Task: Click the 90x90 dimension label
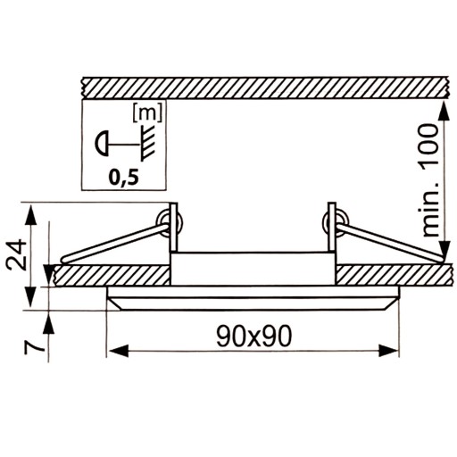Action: pyautogui.click(x=254, y=336)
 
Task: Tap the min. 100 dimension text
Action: pyautogui.click(x=431, y=180)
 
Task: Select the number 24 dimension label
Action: pyautogui.click(x=17, y=253)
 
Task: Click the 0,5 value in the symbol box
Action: pyautogui.click(x=124, y=178)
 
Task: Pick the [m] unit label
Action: pyautogui.click(x=147, y=112)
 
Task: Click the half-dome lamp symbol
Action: pyautogui.click(x=102, y=145)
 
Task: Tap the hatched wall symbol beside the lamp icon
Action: pyautogui.click(x=148, y=144)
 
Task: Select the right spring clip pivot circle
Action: pyautogui.click(x=336, y=223)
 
